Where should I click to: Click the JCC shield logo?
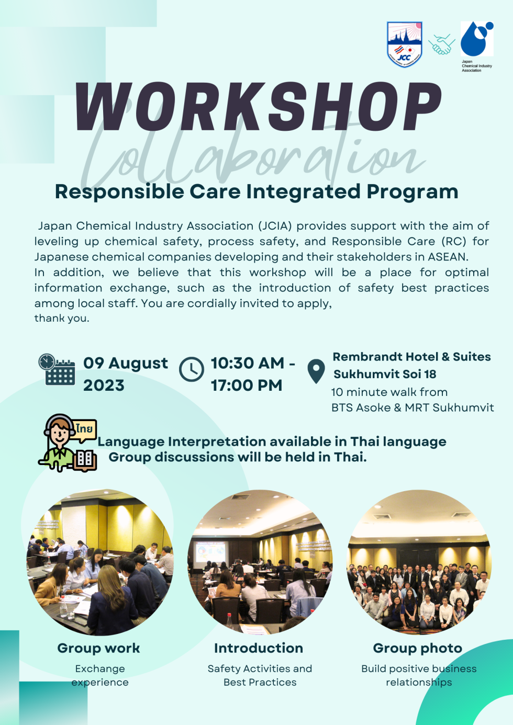click(x=405, y=44)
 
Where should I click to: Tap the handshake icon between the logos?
click(x=441, y=44)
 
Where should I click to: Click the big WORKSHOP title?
click(x=258, y=106)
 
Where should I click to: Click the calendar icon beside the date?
click(x=57, y=369)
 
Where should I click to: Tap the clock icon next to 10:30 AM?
click(x=192, y=369)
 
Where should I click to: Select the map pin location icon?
click(x=316, y=371)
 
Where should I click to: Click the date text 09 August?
click(x=126, y=363)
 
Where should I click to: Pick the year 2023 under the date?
click(x=104, y=386)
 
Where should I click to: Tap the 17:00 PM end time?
click(x=247, y=386)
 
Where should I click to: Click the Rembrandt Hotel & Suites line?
click(x=411, y=357)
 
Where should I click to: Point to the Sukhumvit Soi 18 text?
click(x=385, y=374)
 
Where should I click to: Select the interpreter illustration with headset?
click(x=68, y=443)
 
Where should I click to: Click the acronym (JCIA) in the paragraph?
click(x=275, y=226)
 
